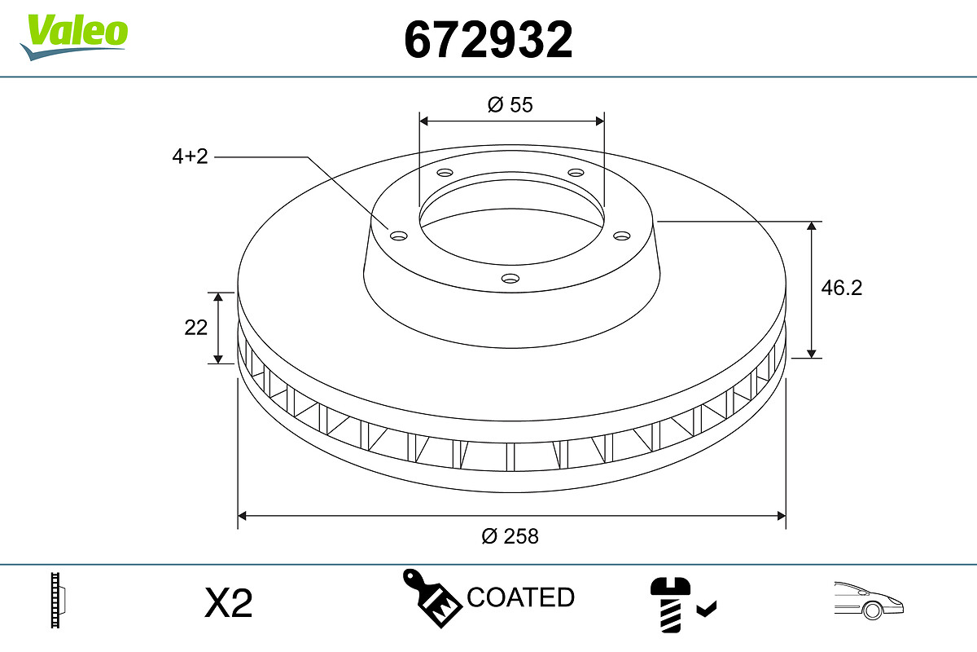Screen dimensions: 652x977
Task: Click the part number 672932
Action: click(x=488, y=38)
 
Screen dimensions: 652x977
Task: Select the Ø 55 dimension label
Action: click(x=510, y=104)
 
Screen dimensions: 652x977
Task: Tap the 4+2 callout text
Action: click(x=190, y=156)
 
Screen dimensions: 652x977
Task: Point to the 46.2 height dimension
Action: click(x=841, y=288)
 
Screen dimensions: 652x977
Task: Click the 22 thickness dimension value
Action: click(x=196, y=327)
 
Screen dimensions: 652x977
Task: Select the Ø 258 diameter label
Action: click(x=510, y=536)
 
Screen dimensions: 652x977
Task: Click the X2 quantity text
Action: click(x=229, y=604)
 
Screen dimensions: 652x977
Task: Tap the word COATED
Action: click(x=521, y=597)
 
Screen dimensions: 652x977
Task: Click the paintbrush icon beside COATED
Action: click(x=431, y=598)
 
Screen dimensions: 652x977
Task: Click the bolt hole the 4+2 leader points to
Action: click(x=398, y=236)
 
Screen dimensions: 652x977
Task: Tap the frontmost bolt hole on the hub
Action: click(x=510, y=279)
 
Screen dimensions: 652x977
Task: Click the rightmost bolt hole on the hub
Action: click(x=622, y=236)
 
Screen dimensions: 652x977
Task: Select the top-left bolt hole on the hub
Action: click(x=445, y=173)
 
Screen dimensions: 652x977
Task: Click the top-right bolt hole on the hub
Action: click(x=576, y=173)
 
